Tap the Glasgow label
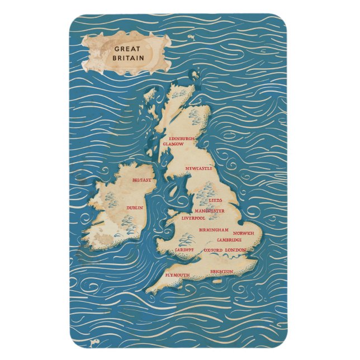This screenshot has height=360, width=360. [173, 144]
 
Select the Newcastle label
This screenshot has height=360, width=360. [198, 168]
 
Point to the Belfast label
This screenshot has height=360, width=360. [141, 181]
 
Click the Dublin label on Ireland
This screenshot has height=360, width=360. [135, 207]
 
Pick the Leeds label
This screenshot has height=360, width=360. [215, 200]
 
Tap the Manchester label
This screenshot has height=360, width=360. [210, 211]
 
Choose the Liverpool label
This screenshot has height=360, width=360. [193, 218]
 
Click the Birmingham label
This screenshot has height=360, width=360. [214, 230]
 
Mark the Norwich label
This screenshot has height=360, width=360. [243, 233]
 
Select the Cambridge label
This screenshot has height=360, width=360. [229, 240]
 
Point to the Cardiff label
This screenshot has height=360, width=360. [184, 249]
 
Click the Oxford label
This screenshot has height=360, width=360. [213, 250]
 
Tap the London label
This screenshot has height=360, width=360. [235, 249]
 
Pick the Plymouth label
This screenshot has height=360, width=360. [177, 275]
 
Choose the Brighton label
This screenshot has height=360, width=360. [221, 272]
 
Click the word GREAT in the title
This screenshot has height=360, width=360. [128, 48]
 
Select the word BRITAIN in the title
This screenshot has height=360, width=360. [128, 58]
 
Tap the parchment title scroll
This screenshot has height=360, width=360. [126, 53]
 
